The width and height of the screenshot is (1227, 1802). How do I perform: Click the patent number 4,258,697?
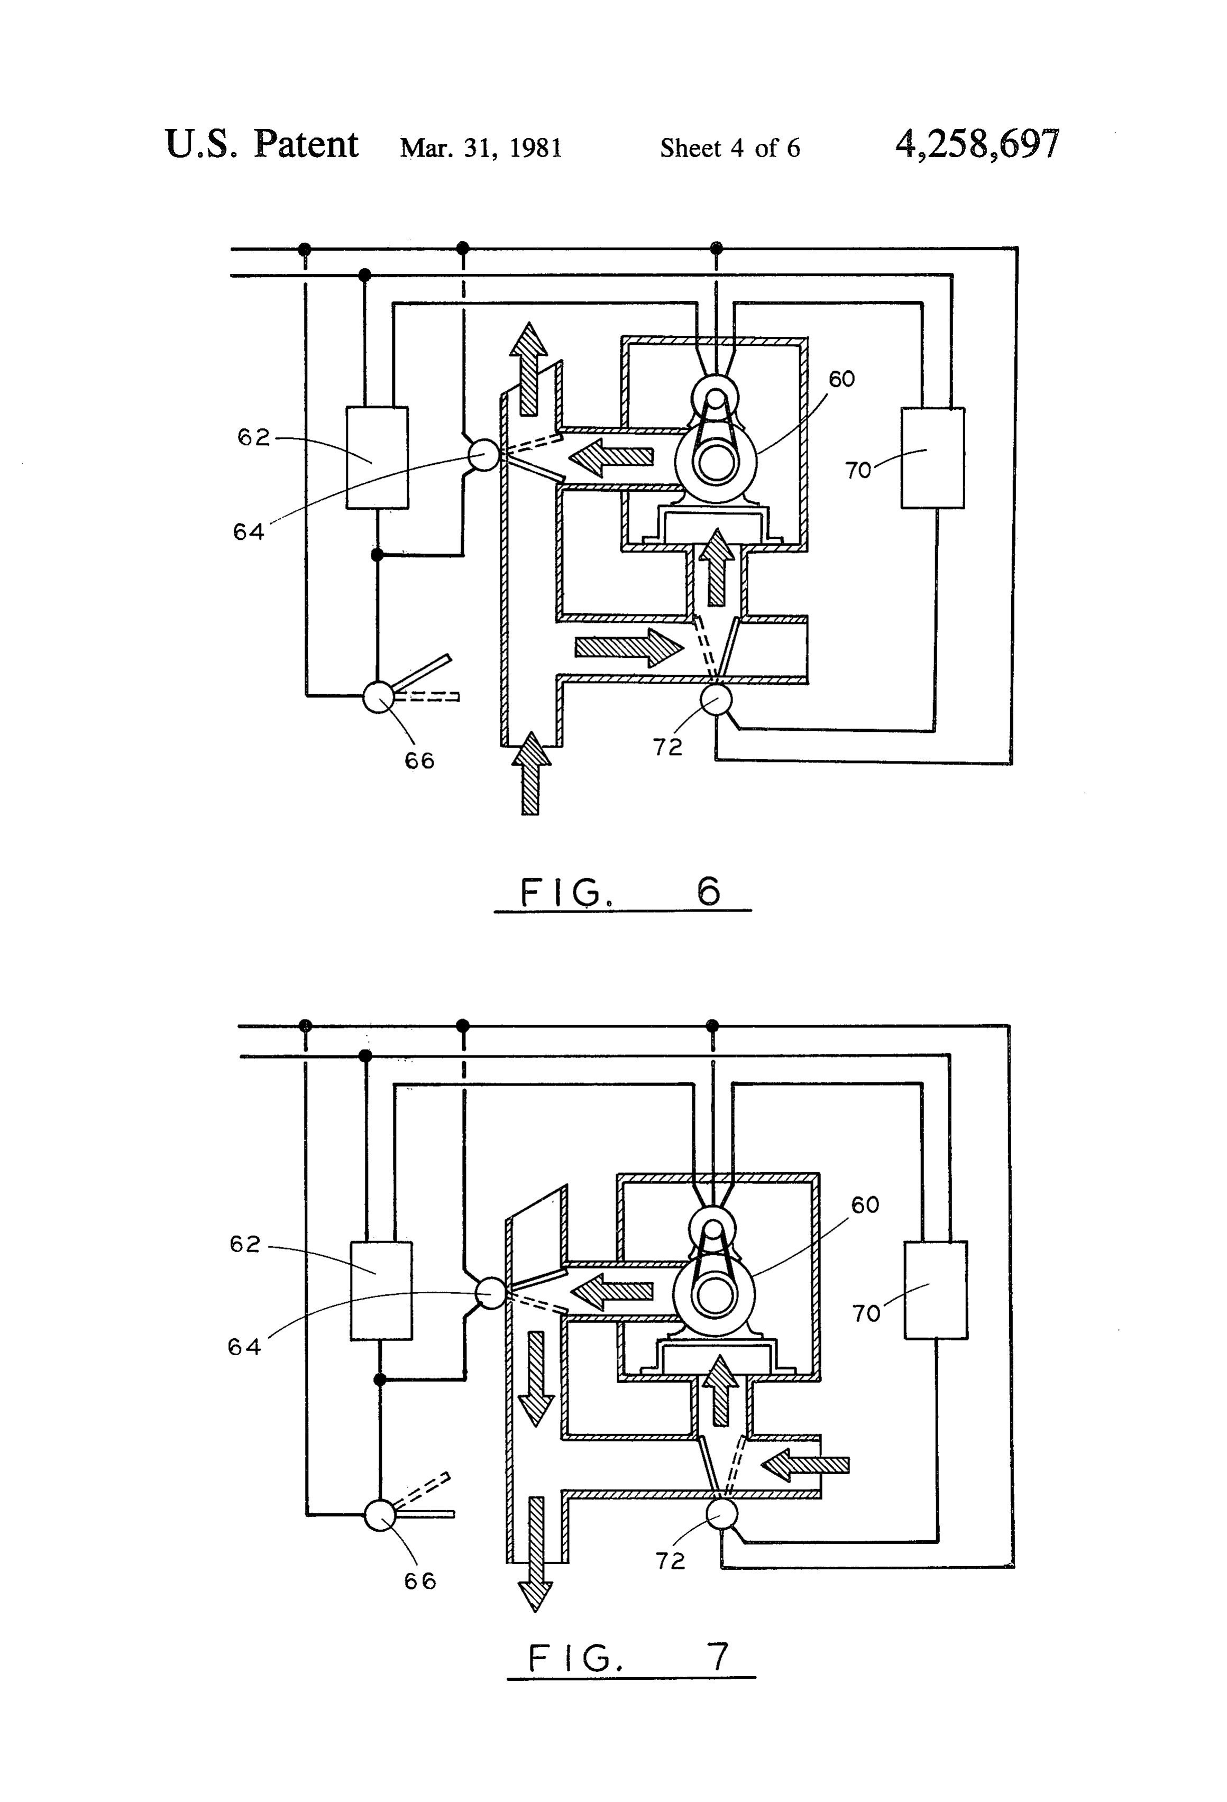coord(977,144)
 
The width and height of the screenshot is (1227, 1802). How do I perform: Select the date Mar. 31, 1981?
coord(481,148)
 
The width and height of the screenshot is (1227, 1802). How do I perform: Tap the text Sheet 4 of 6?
coord(730,148)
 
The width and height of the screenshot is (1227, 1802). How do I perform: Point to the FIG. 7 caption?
coord(629,1659)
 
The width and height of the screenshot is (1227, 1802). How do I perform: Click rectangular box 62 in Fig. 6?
coord(377,457)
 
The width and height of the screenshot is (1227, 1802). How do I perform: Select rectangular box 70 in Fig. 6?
coord(933,457)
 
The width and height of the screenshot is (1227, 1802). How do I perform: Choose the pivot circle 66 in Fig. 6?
coord(379,696)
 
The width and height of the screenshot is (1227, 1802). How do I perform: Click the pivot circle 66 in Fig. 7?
coord(380,1515)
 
